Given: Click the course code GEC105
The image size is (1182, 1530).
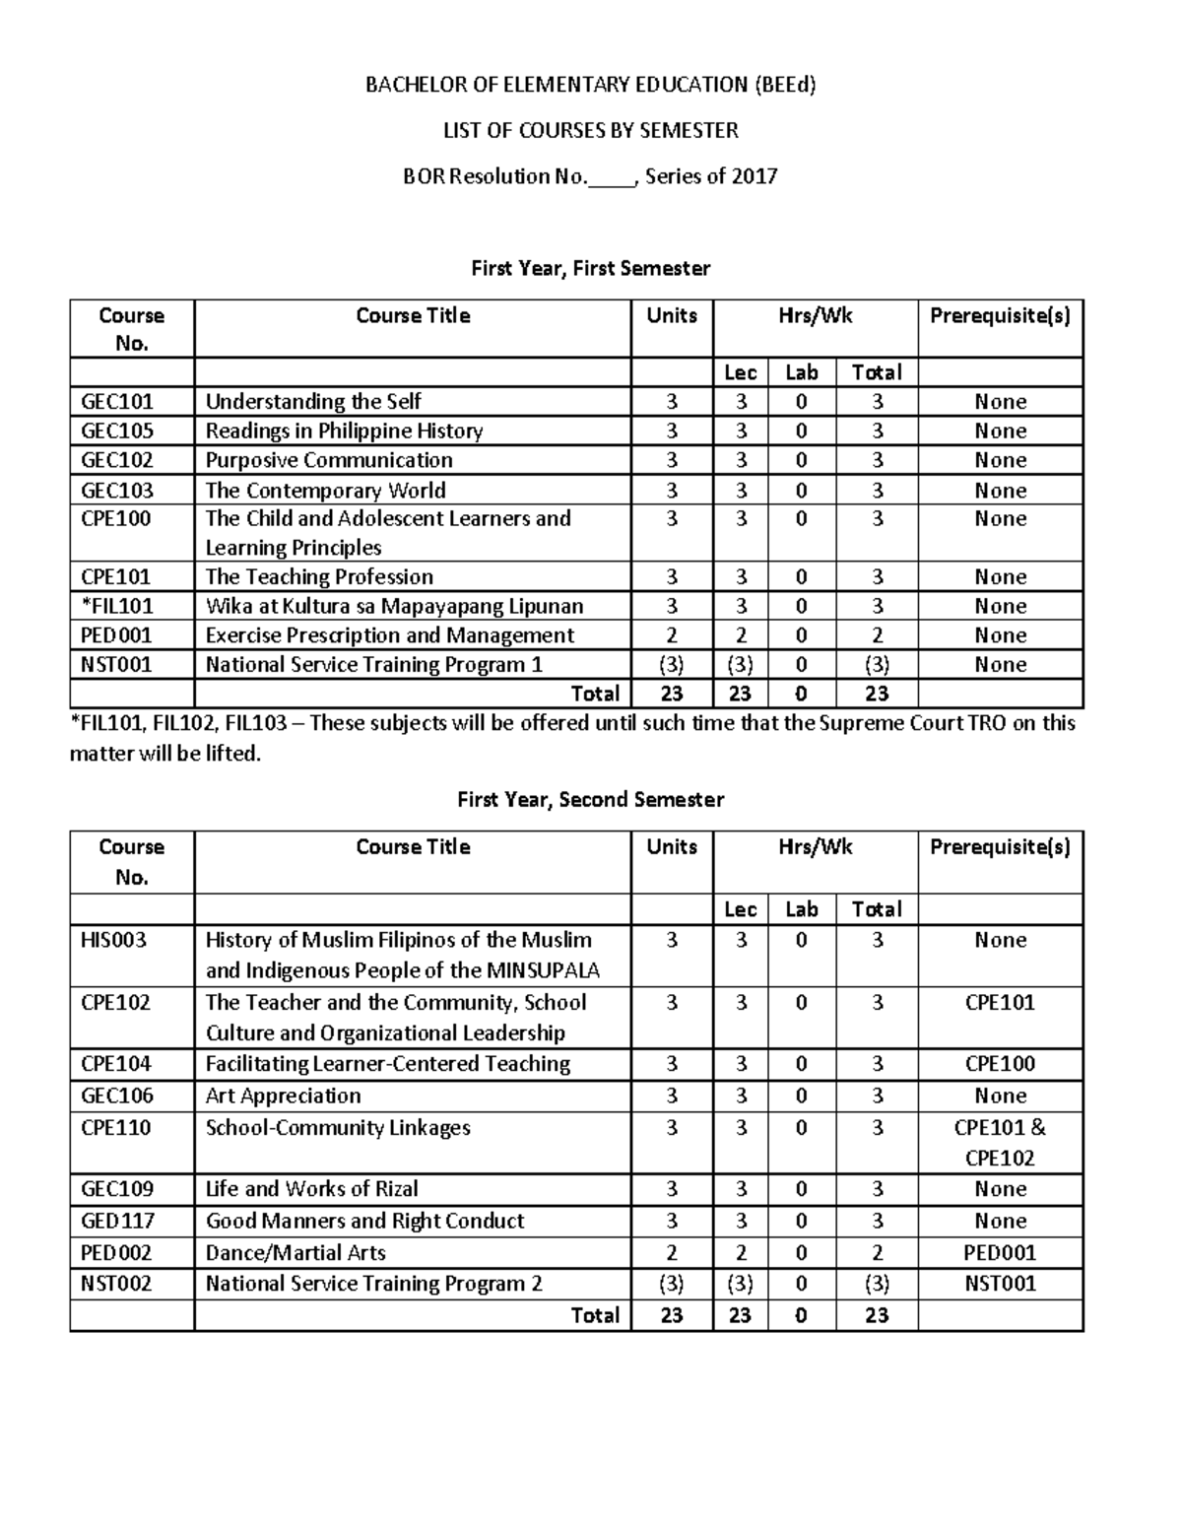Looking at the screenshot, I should (116, 431).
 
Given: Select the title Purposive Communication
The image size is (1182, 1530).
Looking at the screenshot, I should (329, 460).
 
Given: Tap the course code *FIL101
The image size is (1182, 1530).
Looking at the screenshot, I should (116, 606).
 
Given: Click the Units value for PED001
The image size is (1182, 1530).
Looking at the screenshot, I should (672, 635).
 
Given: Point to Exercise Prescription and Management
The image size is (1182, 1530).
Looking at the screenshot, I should (389, 635).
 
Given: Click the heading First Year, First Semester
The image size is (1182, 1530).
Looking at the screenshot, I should (590, 268).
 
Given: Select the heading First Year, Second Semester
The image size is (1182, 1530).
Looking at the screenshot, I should (590, 799).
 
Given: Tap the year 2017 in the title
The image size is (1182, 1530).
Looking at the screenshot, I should (754, 176).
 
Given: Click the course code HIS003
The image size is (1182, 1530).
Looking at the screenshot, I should (113, 940).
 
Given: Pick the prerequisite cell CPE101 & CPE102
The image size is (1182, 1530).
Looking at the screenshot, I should (1000, 1143).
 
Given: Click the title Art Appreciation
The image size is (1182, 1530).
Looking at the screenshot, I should (283, 1096).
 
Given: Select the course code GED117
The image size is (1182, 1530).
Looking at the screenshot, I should (117, 1221).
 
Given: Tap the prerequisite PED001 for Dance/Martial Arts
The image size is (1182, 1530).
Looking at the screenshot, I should (1000, 1252).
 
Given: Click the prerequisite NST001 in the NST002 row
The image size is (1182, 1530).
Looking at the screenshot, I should (1000, 1284).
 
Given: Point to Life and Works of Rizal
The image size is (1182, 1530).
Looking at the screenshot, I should (311, 1189).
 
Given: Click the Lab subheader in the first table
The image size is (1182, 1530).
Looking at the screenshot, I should (801, 372).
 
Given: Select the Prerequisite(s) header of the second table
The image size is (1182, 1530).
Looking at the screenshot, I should (1000, 847).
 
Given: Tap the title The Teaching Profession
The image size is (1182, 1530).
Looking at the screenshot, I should (319, 576).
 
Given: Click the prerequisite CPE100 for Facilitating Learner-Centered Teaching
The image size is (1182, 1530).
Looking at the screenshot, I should (1000, 1064).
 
